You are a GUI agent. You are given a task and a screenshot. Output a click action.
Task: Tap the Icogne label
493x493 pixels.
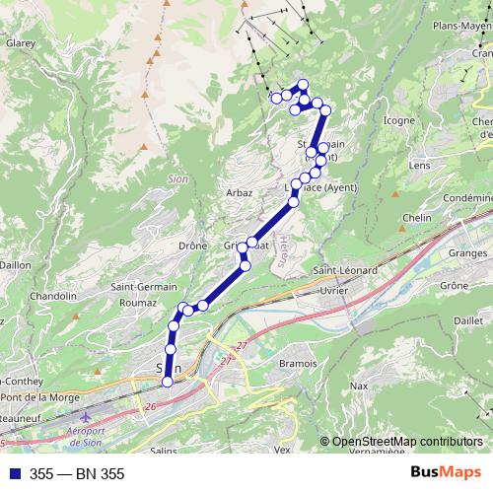click(398, 121)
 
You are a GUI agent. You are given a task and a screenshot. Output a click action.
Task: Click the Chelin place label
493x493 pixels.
click(418, 218)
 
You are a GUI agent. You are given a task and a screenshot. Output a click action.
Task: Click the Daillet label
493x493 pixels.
click(466, 321)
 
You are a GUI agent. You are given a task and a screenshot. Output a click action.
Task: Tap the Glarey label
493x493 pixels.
click(21, 43)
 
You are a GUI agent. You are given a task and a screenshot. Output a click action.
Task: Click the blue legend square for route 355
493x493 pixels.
click(13, 473)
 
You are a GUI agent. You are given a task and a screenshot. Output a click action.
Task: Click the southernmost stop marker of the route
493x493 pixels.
click(167, 382)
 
